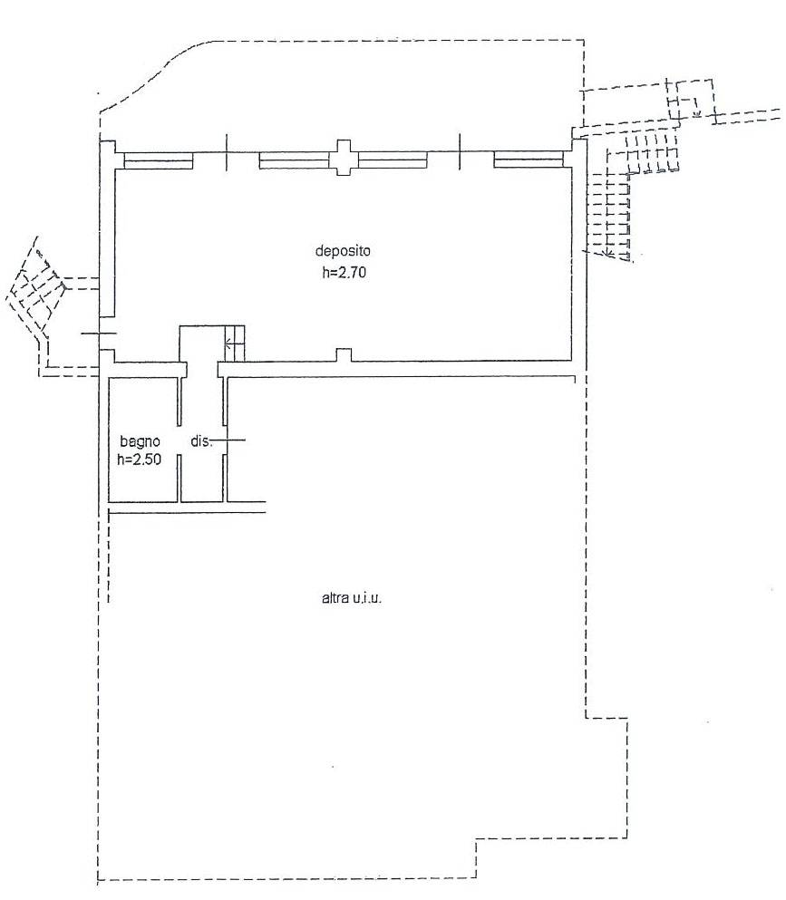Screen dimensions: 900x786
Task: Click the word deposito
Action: [344, 251]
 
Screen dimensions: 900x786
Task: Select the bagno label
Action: [141, 441]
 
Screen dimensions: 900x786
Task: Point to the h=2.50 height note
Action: [141, 460]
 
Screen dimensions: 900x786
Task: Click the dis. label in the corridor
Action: [199, 441]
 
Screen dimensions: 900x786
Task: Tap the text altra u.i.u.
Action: [353, 598]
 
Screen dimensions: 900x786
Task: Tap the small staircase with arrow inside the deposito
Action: [234, 342]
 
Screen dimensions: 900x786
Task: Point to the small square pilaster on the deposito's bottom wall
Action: [343, 354]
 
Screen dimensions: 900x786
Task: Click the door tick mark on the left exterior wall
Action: [99, 334]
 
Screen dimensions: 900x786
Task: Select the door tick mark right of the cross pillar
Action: [461, 150]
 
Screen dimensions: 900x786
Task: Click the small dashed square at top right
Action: [687, 104]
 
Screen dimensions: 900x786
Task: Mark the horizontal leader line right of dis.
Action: [228, 441]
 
